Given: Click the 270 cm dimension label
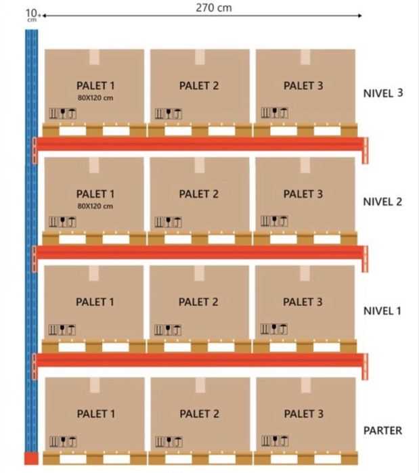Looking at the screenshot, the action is pyautogui.click(x=214, y=7).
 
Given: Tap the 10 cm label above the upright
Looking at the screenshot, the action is pyautogui.click(x=32, y=15).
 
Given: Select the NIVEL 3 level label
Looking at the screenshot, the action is pyautogui.click(x=383, y=93).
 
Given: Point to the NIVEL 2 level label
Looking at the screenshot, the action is pyautogui.click(x=382, y=202).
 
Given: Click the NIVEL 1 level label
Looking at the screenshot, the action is pyautogui.click(x=382, y=311).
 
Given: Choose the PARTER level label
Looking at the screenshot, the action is pyautogui.click(x=382, y=430).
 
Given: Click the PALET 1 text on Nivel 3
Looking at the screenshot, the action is pyautogui.click(x=95, y=86).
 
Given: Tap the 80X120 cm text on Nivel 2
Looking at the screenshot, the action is pyautogui.click(x=95, y=206).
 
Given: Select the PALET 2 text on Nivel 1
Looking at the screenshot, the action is pyautogui.click(x=198, y=302).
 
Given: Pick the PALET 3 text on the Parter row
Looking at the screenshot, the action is pyautogui.click(x=303, y=413).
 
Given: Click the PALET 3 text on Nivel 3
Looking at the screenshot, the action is pyautogui.click(x=303, y=86).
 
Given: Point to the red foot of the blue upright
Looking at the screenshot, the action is pyautogui.click(x=31, y=458).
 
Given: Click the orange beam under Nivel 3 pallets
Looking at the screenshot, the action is pyautogui.click(x=200, y=144).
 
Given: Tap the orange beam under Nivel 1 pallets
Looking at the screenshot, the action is pyautogui.click(x=200, y=360).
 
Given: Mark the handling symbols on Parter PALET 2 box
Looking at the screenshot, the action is pyautogui.click(x=169, y=442).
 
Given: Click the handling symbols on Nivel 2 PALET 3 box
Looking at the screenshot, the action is pyautogui.click(x=274, y=221).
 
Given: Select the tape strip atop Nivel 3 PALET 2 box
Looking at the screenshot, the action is pyautogui.click(x=200, y=57).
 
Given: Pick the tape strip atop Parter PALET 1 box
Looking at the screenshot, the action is pyautogui.click(x=95, y=385).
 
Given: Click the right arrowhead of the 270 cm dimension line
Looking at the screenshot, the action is pyautogui.click(x=359, y=16).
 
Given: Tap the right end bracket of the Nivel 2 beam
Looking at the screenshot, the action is pyautogui.click(x=365, y=258).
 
